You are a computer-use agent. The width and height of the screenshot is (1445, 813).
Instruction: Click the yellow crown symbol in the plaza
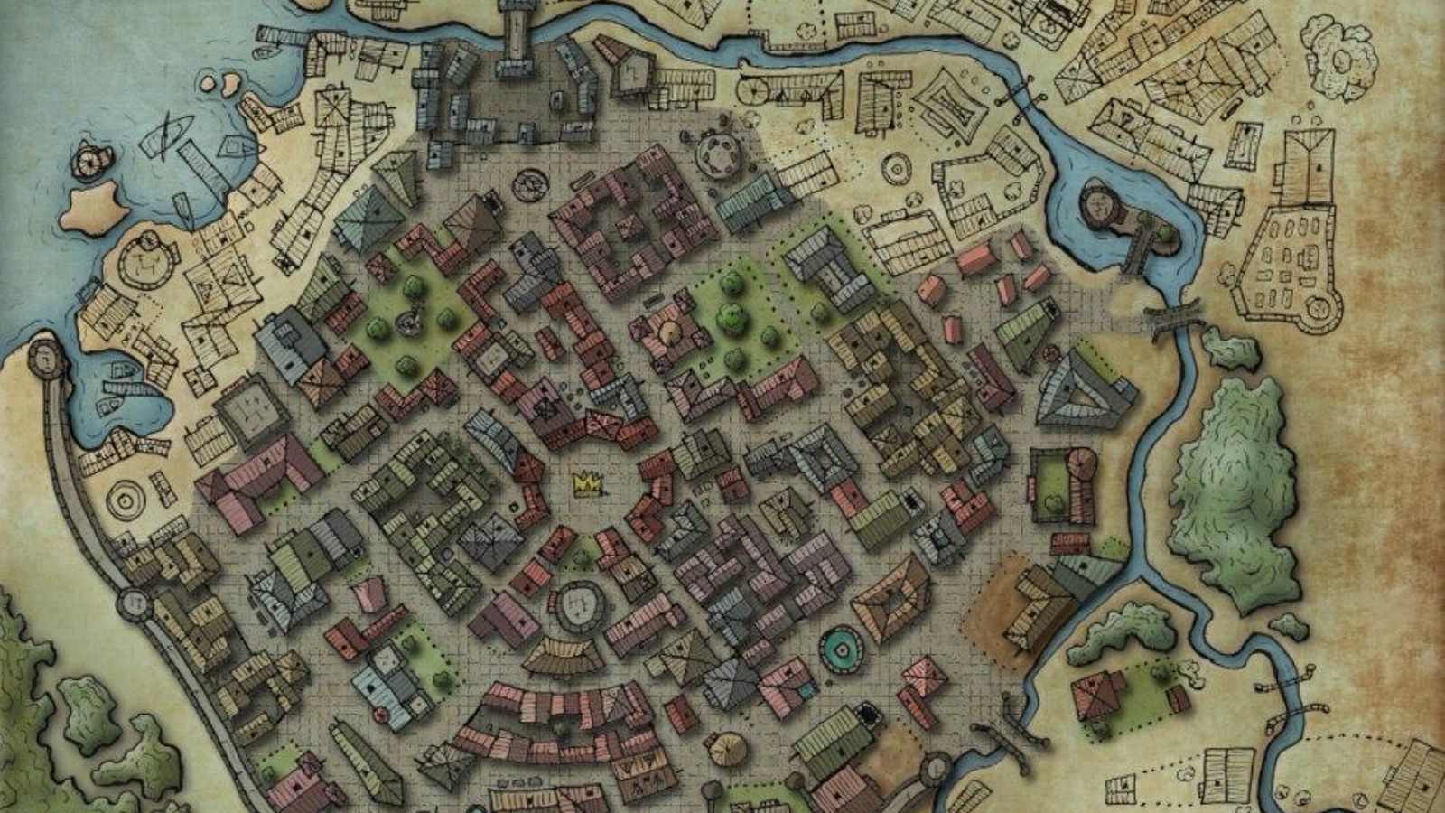(x=588, y=485)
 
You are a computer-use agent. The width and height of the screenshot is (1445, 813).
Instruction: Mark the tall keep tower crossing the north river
(x=517, y=27)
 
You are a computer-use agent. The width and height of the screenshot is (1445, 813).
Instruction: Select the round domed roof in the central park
(x=669, y=332)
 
